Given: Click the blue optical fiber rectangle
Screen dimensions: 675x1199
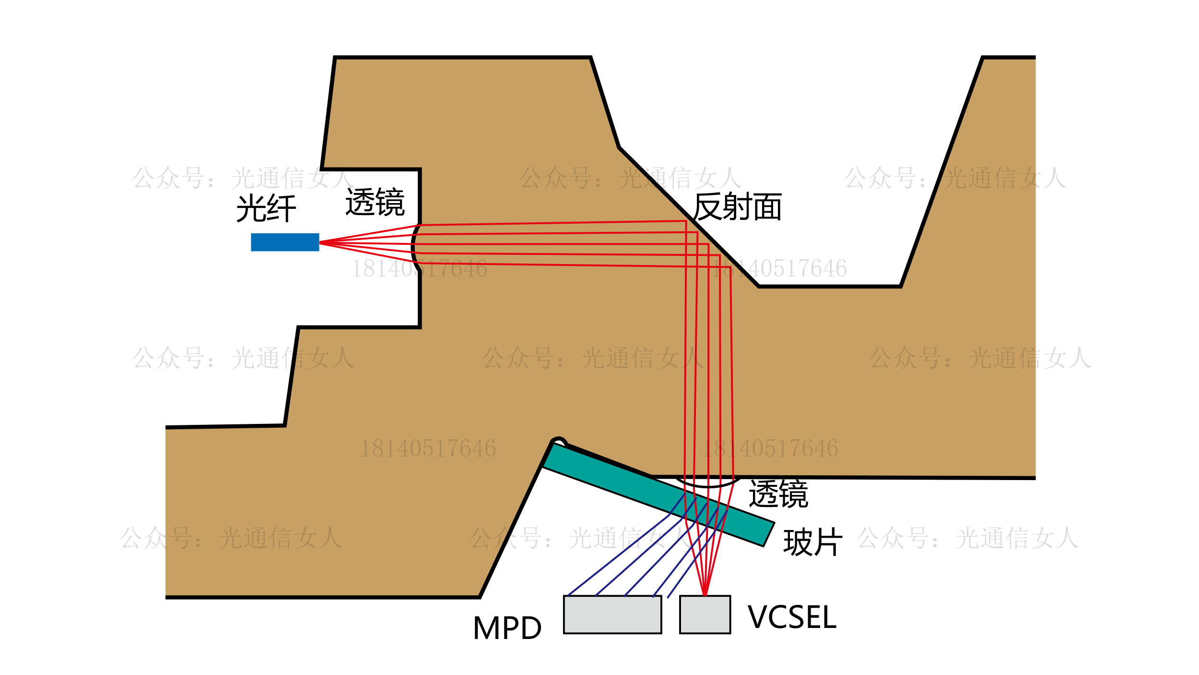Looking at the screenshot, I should coord(285,242).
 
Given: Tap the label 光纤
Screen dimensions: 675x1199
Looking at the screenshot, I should coord(266,208).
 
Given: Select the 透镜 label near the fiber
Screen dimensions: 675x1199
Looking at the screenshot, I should coord(375,202).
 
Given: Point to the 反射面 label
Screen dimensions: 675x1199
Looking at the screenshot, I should coord(737,206).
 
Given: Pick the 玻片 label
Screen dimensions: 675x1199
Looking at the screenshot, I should coord(812,542).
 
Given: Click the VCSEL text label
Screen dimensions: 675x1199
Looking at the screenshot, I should coord(792,617).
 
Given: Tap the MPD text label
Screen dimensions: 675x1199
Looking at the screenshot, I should coord(507,628).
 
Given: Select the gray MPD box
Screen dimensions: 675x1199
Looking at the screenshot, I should coord(612,615).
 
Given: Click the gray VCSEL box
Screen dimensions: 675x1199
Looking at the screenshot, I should coord(705,615).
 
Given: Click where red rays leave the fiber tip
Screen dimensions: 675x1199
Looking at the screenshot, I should coord(320,243).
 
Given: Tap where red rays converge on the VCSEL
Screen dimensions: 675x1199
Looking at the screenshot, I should coord(705,595).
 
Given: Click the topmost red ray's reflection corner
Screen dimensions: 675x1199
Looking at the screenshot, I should coord(686,221).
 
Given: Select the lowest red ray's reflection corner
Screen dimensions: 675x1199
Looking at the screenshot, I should coord(730,267).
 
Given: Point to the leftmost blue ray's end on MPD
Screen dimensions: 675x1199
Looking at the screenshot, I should coord(568,595).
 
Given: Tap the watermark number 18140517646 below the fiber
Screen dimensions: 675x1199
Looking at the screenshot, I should coord(419,269).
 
